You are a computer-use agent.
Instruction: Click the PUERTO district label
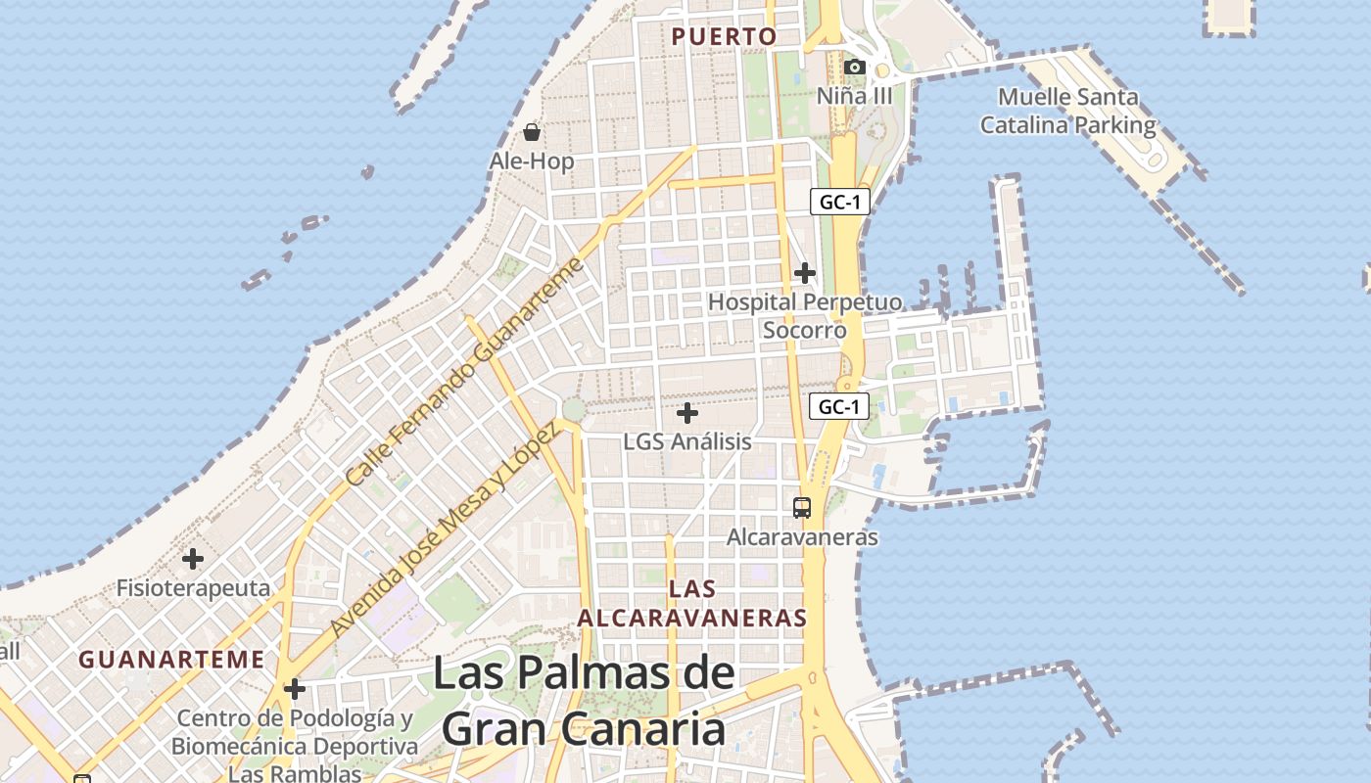[x=724, y=37]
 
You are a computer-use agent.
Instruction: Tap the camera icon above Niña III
[x=855, y=67]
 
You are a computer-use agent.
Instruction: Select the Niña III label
[x=855, y=96]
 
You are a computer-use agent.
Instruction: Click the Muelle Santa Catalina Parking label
[x=1068, y=112]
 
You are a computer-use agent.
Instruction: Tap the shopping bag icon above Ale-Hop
[x=532, y=132]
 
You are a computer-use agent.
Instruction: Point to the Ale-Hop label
[x=532, y=161]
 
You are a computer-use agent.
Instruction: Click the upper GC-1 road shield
[x=840, y=203]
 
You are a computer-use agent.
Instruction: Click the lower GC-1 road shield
[x=839, y=406]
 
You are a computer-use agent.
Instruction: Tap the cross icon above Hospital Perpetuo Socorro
[x=805, y=273]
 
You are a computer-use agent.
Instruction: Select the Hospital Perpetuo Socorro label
[x=805, y=316]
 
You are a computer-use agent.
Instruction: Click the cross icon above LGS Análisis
[x=687, y=413]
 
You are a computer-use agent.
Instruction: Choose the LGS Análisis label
[x=687, y=441]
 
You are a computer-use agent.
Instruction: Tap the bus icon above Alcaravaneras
[x=802, y=508]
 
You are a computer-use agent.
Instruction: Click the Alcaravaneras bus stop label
[x=802, y=537]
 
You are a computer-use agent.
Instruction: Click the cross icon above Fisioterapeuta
[x=193, y=560]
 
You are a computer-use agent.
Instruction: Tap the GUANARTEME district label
[x=171, y=660]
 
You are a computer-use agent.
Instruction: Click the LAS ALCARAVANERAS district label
[x=692, y=604]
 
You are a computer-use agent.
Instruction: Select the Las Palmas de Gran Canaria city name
[x=584, y=701]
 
